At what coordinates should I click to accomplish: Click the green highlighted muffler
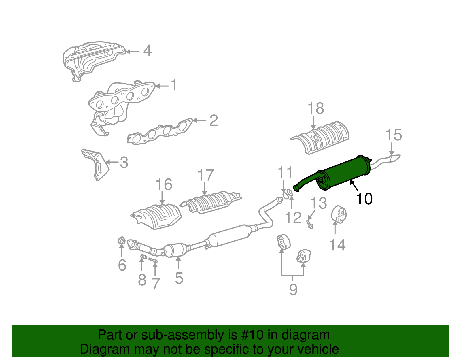coord(343,173)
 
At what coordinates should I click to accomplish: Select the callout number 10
coord(364,199)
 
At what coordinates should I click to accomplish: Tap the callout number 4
coord(147,51)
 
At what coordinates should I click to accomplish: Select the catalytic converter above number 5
coord(176,250)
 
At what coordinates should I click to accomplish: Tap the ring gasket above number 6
coord(122,240)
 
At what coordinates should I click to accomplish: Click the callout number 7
coord(155,284)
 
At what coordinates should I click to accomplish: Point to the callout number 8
coord(142,280)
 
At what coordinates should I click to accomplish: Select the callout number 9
coord(293,289)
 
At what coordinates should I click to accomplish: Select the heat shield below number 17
coord(210,202)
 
